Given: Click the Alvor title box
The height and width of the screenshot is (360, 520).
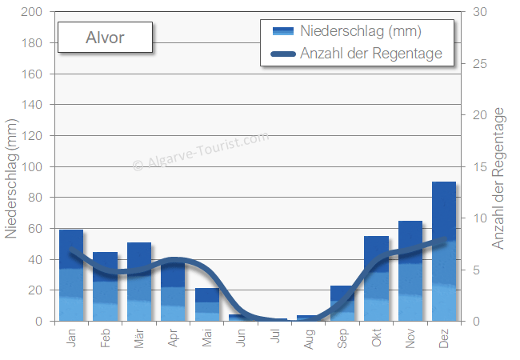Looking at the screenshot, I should point(105,38).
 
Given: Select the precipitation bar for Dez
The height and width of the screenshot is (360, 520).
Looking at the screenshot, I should point(444,251).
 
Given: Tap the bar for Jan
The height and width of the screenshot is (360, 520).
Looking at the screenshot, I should point(71,275).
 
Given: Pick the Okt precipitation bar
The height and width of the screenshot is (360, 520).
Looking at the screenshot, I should point(376,278).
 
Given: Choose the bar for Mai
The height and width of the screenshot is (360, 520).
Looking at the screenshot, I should point(207,305).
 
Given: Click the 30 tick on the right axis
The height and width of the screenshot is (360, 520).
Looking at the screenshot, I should point(480,13).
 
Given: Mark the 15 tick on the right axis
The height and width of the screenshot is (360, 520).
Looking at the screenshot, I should point(480,167).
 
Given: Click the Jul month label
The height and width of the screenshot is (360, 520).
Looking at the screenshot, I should point(275,336).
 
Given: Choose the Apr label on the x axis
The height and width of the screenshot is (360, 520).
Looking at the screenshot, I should point(174,336).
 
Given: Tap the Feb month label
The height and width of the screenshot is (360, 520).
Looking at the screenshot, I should point(106,336).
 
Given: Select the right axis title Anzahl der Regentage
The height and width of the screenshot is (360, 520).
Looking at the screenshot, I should point(499,180).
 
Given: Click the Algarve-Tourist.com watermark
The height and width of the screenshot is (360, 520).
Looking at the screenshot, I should point(200,152).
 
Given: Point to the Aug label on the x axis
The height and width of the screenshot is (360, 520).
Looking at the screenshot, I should point(309,337).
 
